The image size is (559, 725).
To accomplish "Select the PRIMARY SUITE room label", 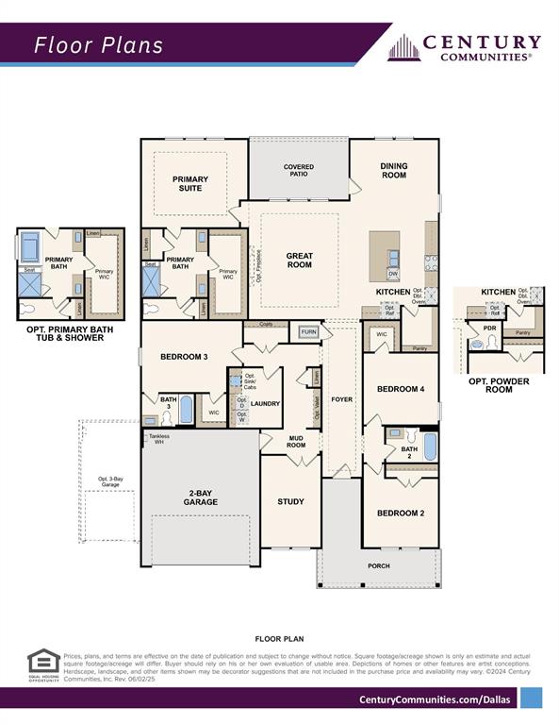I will (x=189, y=183).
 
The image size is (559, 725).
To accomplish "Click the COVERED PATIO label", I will (x=299, y=171).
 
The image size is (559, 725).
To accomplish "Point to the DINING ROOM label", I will (x=394, y=170).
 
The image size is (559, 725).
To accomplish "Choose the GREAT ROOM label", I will (x=299, y=261).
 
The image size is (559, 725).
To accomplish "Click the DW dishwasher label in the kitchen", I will (x=393, y=274).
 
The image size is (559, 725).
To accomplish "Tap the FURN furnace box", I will (x=308, y=332).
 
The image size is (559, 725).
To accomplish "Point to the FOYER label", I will (x=341, y=399).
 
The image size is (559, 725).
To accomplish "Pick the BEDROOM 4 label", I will (x=401, y=389).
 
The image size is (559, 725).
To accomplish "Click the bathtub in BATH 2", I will (x=430, y=446).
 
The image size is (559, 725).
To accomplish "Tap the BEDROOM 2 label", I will (x=401, y=513).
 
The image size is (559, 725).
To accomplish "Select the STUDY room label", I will (x=290, y=501).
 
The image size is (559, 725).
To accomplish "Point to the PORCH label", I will (x=378, y=565).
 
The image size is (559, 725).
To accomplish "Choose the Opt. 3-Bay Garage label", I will (x=110, y=483).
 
